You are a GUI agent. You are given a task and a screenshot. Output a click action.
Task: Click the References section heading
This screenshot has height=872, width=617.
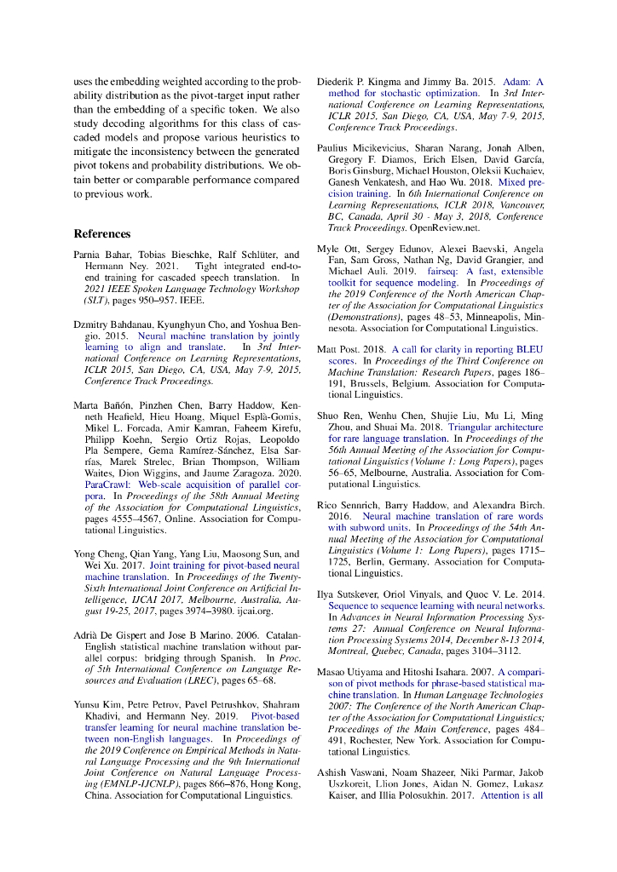(x=101, y=233)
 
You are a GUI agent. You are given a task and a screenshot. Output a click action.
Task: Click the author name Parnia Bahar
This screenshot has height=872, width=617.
(x=101, y=255)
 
